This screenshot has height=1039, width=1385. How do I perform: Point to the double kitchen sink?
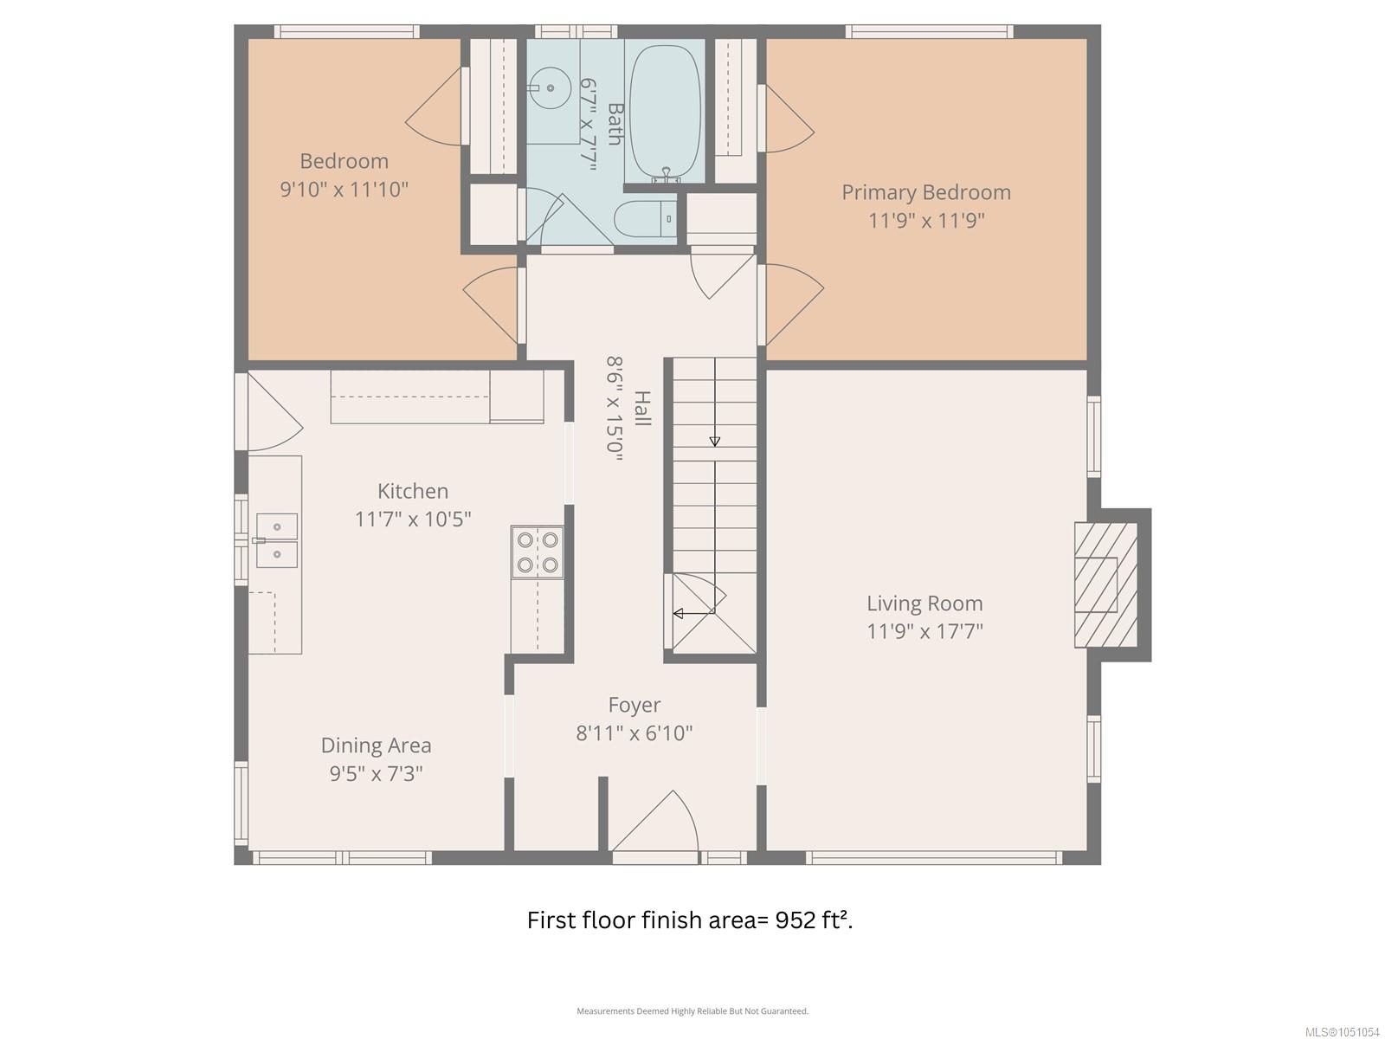276,540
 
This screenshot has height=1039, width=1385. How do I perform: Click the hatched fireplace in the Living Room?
1105,584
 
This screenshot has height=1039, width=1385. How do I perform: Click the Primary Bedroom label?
925,192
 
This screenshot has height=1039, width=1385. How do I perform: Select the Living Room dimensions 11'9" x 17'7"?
925,631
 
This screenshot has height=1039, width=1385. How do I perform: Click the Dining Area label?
376,745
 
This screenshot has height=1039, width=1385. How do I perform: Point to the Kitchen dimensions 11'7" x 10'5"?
413,519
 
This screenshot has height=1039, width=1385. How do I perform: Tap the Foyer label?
635,705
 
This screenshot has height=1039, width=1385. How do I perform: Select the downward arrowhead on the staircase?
714,442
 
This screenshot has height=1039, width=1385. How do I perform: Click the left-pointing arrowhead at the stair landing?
679,612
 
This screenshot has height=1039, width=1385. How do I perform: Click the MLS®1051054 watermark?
1342,1031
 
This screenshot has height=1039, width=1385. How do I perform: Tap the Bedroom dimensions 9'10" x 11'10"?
344,190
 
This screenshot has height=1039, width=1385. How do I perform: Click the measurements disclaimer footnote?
692,1010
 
